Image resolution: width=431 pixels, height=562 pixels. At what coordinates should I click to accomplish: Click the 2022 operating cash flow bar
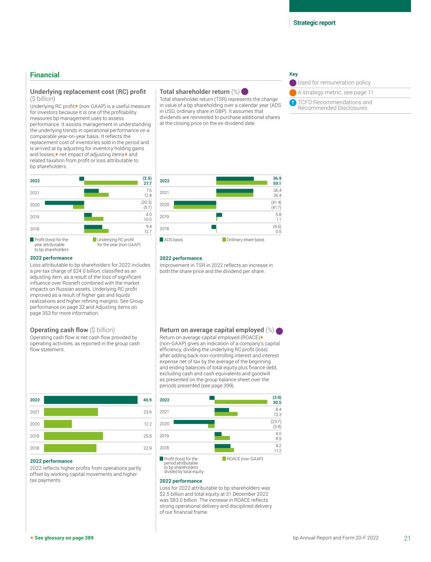(x=90, y=400)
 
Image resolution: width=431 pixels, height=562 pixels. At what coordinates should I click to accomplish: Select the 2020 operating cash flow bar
(x=58, y=424)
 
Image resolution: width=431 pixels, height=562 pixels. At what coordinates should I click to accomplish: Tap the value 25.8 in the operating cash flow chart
(x=147, y=436)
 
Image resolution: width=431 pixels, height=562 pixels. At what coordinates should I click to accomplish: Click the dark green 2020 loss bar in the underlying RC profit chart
(x=64, y=203)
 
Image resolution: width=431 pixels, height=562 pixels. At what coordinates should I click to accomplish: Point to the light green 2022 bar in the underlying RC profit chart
(x=111, y=183)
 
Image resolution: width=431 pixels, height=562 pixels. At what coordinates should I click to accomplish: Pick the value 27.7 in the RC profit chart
(x=147, y=184)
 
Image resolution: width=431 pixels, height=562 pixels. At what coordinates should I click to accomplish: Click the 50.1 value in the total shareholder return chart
(x=277, y=184)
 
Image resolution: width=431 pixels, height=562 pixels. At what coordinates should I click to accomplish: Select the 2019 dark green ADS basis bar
(x=219, y=215)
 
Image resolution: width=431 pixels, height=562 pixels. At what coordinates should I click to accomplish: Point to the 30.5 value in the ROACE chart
(x=277, y=403)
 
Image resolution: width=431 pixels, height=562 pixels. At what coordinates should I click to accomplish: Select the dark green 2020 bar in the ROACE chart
(x=194, y=422)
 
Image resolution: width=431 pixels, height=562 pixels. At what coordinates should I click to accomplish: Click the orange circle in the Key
(x=293, y=93)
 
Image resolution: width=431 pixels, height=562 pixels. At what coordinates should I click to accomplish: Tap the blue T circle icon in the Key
(x=293, y=103)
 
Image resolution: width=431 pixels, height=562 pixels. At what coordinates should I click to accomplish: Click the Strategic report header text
(x=314, y=23)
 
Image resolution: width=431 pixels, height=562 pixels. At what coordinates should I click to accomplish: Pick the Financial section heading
(x=44, y=75)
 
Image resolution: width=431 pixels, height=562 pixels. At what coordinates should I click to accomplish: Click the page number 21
(x=407, y=538)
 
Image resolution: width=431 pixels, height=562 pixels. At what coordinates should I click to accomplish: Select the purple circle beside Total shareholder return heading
(x=245, y=92)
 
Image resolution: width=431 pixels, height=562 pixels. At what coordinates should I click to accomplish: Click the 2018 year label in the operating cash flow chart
(x=35, y=448)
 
